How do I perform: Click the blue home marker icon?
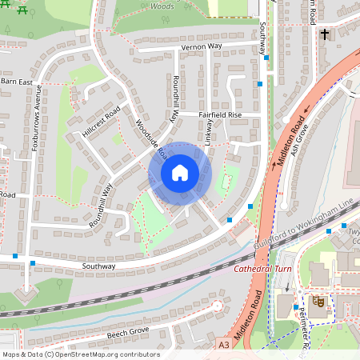pos(180,173)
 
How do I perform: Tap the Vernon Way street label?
pos(202,46)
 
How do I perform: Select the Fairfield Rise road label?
pos(220,114)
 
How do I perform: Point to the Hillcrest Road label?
pos(101,120)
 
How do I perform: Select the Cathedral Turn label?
pos(264,269)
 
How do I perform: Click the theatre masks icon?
pos(318,302)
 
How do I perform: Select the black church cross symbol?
pos(325,34)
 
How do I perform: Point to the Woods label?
pos(162,6)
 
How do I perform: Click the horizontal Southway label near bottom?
pos(99,266)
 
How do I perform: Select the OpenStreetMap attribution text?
pos(80,354)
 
